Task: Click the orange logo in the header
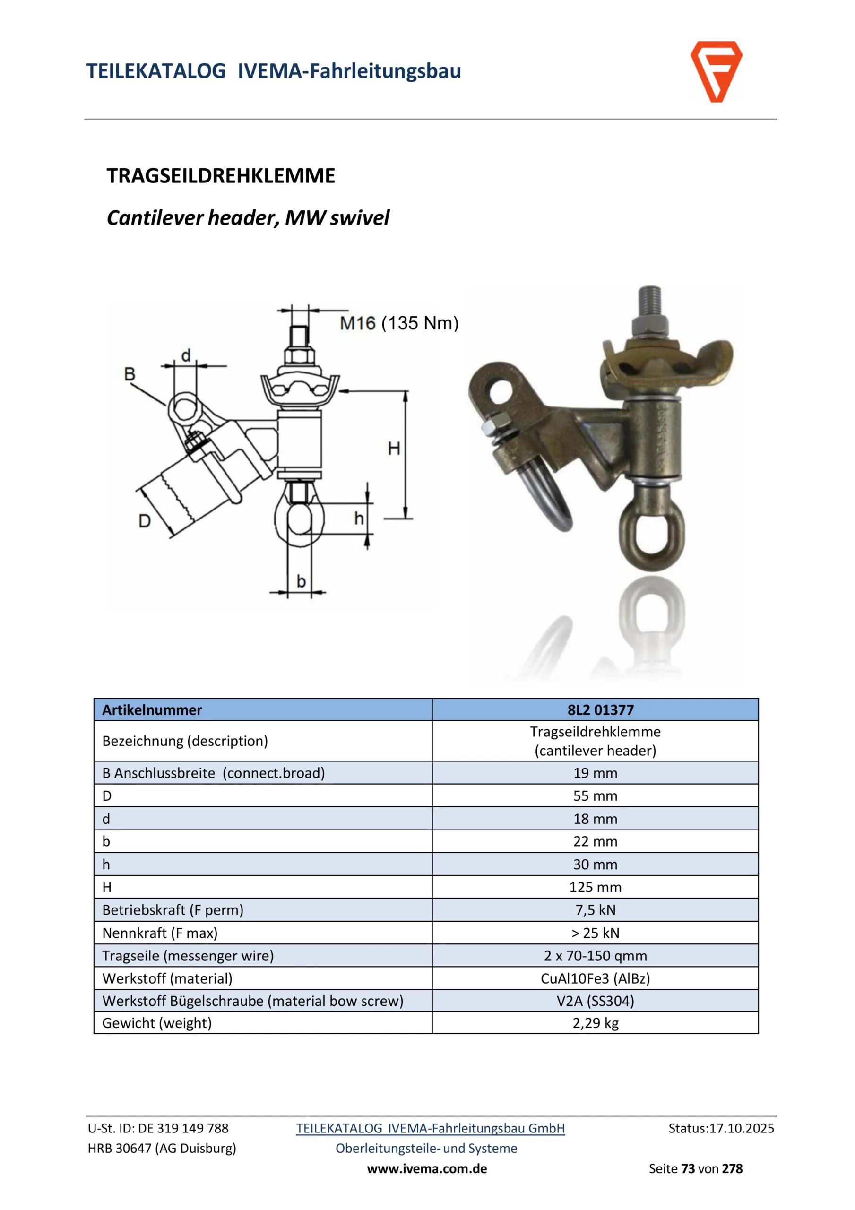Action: point(716,71)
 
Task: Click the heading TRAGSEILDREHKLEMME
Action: point(221,175)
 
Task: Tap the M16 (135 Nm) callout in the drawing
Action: point(399,323)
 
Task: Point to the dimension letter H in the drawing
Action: point(394,449)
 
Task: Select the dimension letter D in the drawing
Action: point(145,521)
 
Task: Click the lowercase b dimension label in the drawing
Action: point(301,581)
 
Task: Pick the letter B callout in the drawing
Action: point(130,374)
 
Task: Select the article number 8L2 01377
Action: point(600,710)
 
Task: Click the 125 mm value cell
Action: point(595,887)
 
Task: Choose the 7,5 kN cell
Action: point(595,909)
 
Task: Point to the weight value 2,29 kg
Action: point(595,1023)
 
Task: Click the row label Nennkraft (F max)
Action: point(160,933)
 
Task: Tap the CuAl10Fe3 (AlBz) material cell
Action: point(595,978)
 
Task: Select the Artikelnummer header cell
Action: point(152,710)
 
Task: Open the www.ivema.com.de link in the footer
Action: point(427,1168)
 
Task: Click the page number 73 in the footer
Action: point(688,1168)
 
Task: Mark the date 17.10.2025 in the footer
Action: point(742,1128)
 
